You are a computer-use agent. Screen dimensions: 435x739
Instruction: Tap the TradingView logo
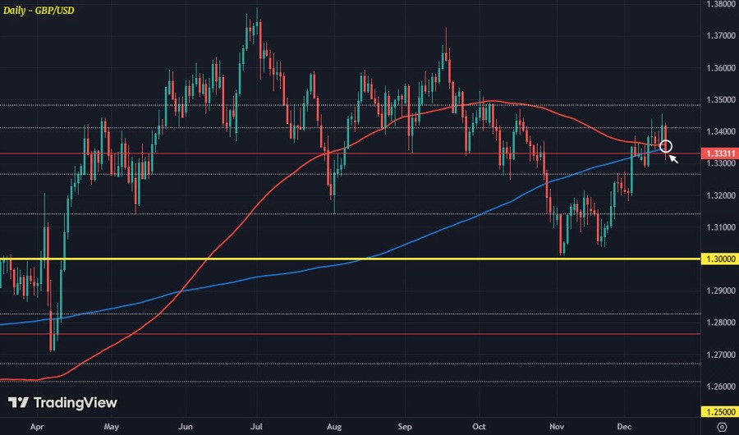click(x=62, y=403)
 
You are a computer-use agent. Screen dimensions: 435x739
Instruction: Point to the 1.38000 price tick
click(x=719, y=4)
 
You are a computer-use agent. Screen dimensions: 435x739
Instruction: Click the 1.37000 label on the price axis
click(x=719, y=36)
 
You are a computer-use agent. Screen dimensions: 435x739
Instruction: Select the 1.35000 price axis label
click(x=719, y=100)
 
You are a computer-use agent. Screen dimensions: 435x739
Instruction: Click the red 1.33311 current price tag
click(x=720, y=153)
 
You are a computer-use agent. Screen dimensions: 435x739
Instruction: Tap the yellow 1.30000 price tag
click(x=720, y=259)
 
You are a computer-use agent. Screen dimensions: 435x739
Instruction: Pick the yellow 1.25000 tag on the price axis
click(x=720, y=411)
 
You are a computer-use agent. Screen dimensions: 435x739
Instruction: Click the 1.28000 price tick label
click(x=719, y=323)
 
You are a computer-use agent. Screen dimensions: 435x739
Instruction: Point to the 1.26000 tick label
click(x=719, y=387)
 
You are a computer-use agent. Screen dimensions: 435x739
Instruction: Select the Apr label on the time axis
click(x=36, y=427)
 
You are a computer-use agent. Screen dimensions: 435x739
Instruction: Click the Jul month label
click(x=257, y=427)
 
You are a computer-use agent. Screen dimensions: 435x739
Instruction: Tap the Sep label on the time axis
click(x=405, y=427)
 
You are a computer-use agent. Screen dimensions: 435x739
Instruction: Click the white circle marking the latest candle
click(x=666, y=147)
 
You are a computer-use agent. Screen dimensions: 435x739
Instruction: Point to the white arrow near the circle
click(x=673, y=158)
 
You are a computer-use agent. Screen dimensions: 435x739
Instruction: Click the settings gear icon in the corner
click(x=720, y=427)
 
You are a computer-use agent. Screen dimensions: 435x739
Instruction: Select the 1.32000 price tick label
click(x=719, y=195)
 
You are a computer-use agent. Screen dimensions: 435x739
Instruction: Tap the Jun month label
click(x=186, y=427)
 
